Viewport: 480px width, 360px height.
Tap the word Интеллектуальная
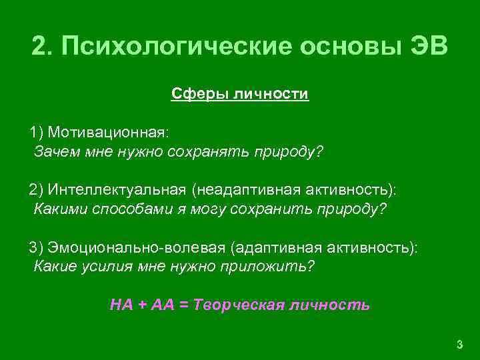click(x=117, y=191)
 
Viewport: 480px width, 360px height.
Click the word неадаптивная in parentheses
click(x=251, y=191)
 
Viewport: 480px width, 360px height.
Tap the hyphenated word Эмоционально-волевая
click(x=136, y=247)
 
